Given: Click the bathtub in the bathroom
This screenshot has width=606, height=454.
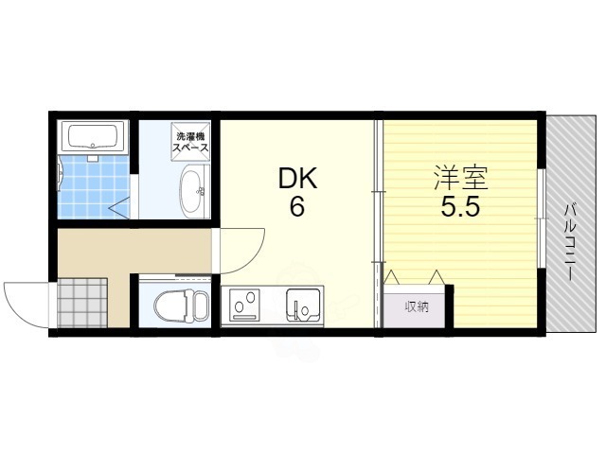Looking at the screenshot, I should click(x=92, y=137).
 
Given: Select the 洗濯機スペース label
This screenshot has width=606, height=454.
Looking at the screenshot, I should click(x=191, y=142).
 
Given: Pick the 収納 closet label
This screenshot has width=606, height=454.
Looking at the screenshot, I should click(x=418, y=306).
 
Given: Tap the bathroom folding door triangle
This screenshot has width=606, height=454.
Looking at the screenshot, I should click(x=120, y=204).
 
